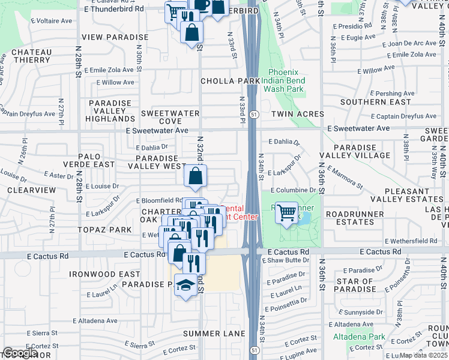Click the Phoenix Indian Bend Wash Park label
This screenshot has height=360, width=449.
click(x=286, y=80)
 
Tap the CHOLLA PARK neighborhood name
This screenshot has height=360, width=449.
click(x=230, y=81)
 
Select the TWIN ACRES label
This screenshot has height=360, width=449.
click(x=297, y=114)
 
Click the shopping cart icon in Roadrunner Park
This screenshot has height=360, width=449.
click(x=288, y=212)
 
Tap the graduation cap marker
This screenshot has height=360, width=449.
click(x=186, y=284)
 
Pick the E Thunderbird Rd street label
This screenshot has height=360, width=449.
click(x=115, y=9)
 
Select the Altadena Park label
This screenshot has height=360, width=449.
click(x=360, y=337)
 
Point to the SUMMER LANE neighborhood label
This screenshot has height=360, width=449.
click(x=214, y=334)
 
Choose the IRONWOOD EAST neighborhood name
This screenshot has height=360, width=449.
click(x=104, y=274)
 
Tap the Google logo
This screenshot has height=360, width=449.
click(x=19, y=353)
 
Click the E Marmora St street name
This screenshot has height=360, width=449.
click(x=345, y=178)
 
